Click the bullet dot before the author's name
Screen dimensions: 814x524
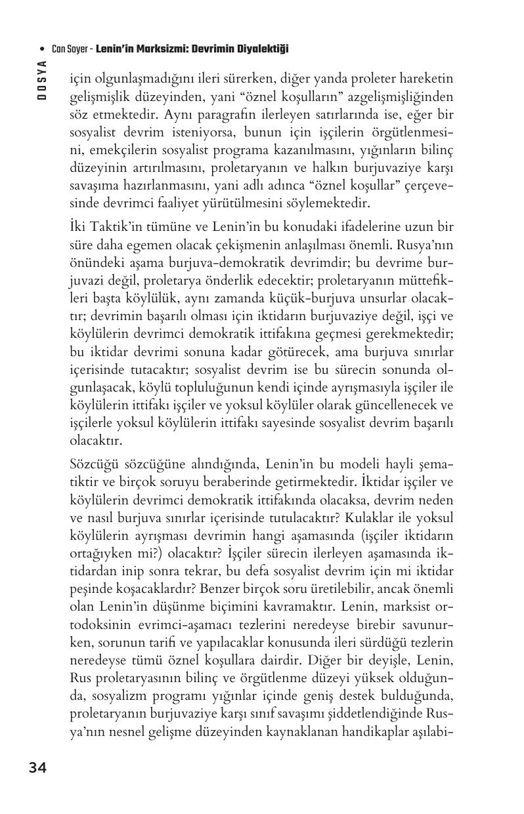(42, 49)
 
